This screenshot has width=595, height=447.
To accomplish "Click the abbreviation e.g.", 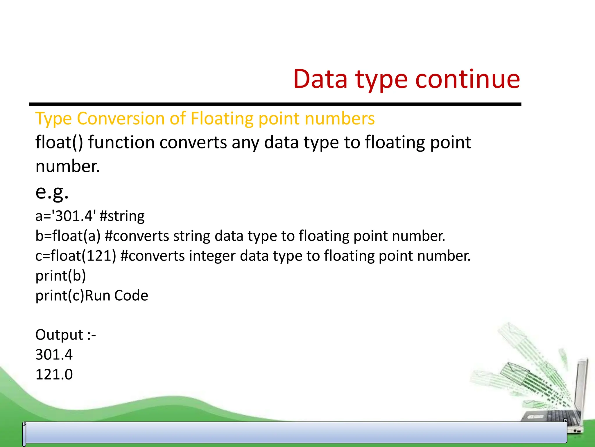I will pyautogui.click(x=52, y=192).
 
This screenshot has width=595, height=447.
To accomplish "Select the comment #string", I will pyautogui.click(x=122, y=216).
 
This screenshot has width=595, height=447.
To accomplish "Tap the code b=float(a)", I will pyautogui.click(x=68, y=236).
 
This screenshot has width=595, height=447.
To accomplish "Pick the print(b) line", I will pyautogui.click(x=60, y=276).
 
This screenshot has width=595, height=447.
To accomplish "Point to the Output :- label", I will pyautogui.click(x=65, y=335).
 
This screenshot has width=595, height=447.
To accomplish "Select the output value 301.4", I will pyautogui.click(x=54, y=355).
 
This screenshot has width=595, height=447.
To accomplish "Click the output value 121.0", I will pyautogui.click(x=54, y=375).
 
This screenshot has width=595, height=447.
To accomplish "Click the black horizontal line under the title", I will pyautogui.click(x=275, y=104).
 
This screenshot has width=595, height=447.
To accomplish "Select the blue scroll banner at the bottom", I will pyautogui.click(x=295, y=433).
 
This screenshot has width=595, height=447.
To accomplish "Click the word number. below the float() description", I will pyautogui.click(x=67, y=166).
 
